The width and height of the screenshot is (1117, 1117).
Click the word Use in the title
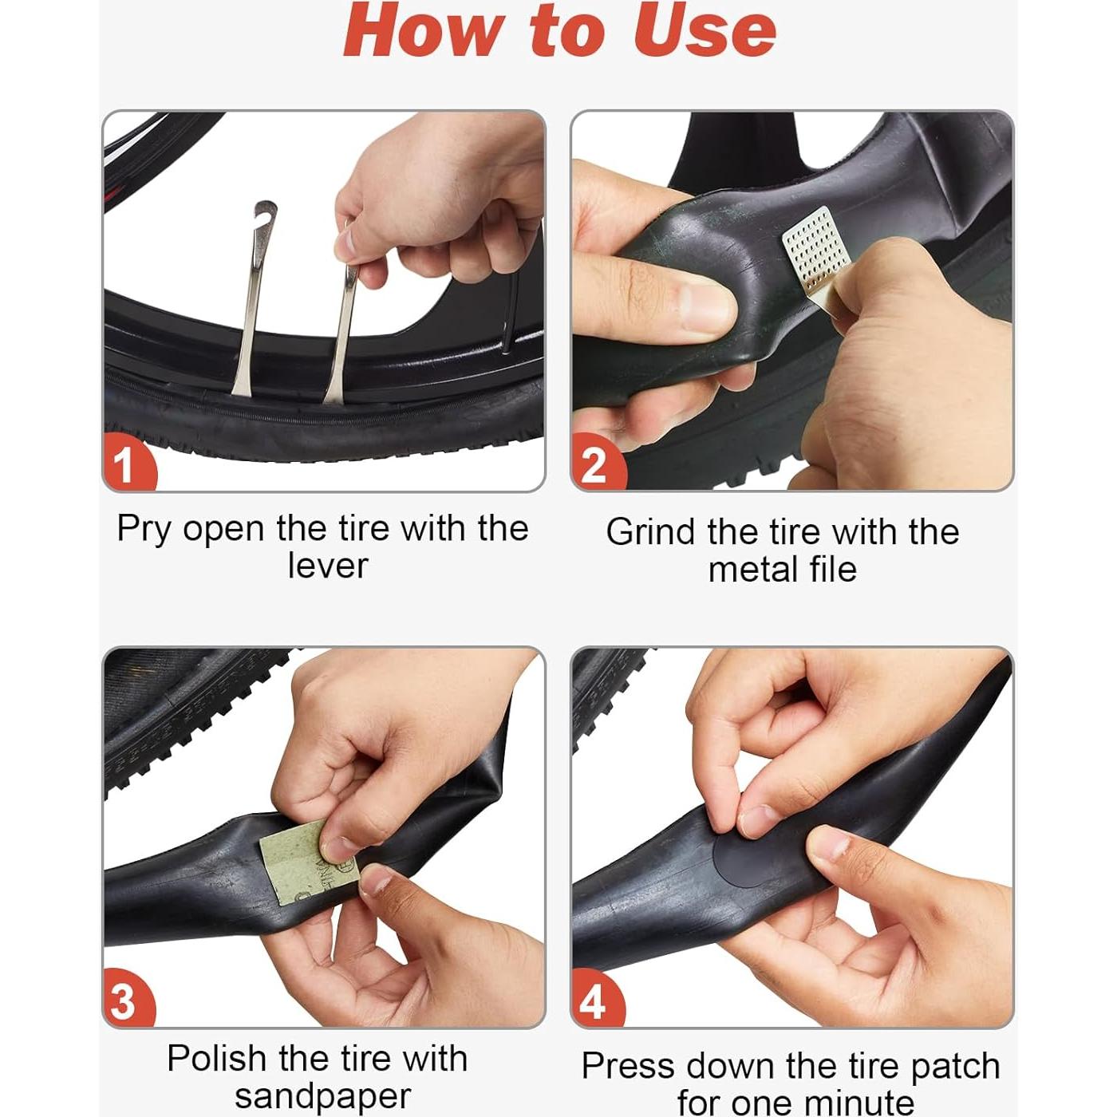point(705,30)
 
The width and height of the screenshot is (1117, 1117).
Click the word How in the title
point(423,30)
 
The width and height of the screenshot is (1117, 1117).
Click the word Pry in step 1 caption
point(144,530)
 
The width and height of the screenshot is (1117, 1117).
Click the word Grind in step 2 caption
point(650,531)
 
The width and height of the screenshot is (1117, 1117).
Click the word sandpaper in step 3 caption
point(323,1097)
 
